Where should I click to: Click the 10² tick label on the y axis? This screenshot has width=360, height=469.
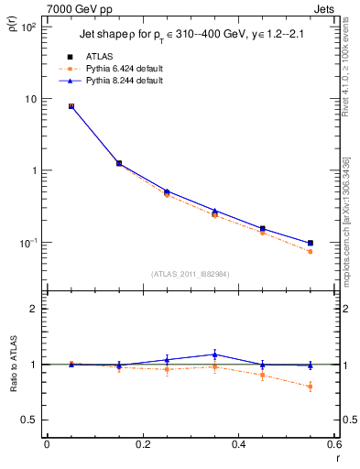tap(30, 27)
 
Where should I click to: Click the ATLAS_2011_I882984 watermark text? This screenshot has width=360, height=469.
tap(190, 273)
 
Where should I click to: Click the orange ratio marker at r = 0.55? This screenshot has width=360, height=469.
tap(310, 387)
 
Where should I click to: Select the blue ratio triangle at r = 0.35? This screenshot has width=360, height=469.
tap(214, 354)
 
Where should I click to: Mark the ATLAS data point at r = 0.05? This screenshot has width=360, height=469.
tap(71, 106)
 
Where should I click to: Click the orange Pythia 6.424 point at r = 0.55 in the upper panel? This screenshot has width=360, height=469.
tap(310, 251)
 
